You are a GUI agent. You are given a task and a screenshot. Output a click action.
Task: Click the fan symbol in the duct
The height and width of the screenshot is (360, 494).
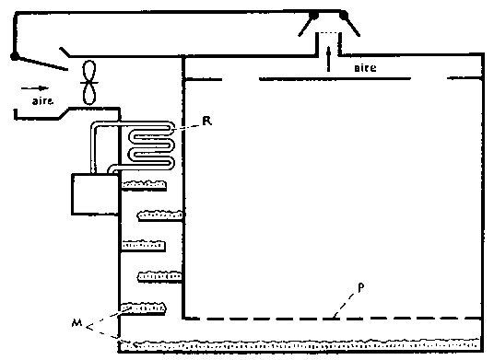tap(89, 83)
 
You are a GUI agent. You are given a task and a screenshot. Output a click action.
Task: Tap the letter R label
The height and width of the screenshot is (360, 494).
tap(207, 121)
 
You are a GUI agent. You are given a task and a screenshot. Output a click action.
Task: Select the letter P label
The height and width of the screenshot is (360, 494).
tap(361, 287)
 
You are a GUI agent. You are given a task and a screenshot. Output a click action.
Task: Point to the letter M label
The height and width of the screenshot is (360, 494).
tap(76, 322)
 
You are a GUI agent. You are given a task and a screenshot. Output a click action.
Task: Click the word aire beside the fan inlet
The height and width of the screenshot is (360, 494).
tap(42, 100)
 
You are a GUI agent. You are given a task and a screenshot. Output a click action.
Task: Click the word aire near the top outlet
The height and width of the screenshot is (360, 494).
tap(365, 68)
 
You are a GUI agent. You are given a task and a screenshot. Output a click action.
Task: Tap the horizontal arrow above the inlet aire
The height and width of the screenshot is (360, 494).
tap(35, 88)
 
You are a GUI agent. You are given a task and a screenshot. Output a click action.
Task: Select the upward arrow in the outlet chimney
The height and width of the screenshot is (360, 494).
tap(328, 59)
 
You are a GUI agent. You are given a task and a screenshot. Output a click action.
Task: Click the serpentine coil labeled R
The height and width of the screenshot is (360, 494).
tap(151, 145)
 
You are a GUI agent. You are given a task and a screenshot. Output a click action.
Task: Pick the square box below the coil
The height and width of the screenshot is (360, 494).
tap(95, 194)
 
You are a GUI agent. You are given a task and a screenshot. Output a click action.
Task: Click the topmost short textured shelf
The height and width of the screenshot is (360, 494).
tap(144, 185)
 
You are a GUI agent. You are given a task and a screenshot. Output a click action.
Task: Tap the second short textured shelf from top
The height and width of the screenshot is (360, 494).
tap(160, 215)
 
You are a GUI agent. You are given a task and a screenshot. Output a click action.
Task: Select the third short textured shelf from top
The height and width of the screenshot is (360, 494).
tap(144, 246)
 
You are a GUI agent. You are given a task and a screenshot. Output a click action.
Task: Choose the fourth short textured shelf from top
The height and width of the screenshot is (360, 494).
tap(159, 277)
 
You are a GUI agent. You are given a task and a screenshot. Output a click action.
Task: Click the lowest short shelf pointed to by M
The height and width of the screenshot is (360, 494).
tap(144, 308)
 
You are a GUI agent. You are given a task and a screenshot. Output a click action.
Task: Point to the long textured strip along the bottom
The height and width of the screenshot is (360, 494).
tap(301, 345)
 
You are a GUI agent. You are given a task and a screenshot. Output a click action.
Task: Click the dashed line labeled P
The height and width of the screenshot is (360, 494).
tap(333, 319)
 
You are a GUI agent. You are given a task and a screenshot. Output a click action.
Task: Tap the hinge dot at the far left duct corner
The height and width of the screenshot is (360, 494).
tap(14, 56)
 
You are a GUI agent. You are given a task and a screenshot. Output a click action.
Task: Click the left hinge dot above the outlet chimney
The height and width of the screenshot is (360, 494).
tap(313, 15)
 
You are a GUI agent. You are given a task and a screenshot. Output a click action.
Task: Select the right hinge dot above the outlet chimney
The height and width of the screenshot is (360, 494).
tap(344, 15)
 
